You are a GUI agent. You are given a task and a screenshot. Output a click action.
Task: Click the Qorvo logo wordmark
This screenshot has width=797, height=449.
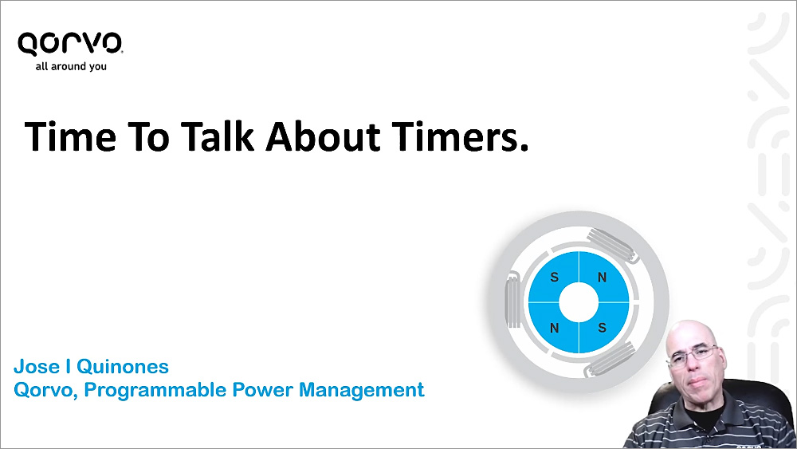[70, 43]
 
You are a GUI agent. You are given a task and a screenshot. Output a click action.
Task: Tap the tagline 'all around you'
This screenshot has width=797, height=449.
[71, 66]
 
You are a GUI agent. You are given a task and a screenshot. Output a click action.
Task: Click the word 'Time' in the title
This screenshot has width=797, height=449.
[70, 137]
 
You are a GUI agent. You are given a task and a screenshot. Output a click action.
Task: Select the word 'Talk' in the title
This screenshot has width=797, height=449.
[217, 136]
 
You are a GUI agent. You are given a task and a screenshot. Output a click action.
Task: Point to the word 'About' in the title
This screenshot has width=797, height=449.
[323, 136]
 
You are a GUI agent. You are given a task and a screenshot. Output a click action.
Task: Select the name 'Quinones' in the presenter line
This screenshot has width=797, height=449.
[123, 367]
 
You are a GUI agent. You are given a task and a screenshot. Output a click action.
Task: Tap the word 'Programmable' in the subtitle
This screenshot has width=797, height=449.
[155, 390]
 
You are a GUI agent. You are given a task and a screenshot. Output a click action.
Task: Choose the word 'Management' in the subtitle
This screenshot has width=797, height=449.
[361, 390]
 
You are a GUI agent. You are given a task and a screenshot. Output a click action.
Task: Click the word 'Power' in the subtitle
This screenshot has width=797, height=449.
[262, 389]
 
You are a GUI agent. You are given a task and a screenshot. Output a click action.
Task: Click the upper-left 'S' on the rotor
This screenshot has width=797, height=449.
[555, 277]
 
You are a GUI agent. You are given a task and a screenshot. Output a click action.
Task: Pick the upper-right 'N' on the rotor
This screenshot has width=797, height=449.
[603, 277]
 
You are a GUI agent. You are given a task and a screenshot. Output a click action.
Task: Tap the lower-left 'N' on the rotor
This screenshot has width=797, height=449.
[555, 328]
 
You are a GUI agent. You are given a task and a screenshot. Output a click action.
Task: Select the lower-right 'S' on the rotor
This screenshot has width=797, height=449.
[603, 328]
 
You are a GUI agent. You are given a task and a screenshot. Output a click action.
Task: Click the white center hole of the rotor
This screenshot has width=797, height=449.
[579, 302]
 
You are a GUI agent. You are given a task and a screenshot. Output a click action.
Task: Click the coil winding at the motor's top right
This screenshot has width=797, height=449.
[612, 245]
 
